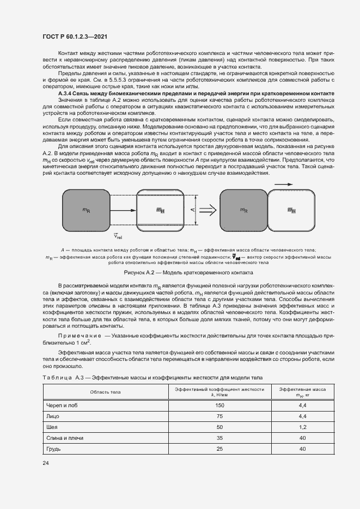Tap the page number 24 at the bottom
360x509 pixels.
[x=46, y=462]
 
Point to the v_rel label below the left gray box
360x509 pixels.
[x=118, y=236]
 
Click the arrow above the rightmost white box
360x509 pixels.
[x=285, y=185]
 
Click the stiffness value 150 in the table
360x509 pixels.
[x=219, y=406]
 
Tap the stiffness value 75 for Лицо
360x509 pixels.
[x=219, y=416]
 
